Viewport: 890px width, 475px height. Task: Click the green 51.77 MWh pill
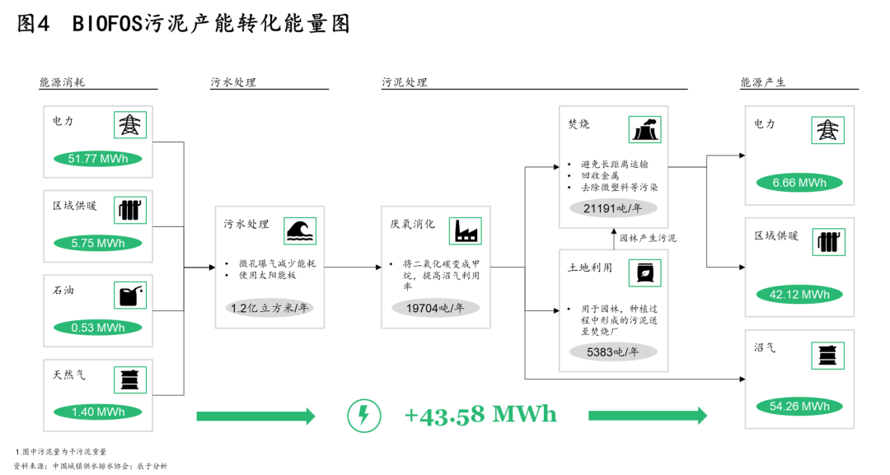tap(98, 159)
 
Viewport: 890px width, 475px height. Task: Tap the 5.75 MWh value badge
tap(98, 243)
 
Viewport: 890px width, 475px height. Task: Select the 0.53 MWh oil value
tap(98, 328)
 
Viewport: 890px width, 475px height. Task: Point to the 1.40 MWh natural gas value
tap(98, 412)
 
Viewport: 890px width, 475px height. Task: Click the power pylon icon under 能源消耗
tap(129, 125)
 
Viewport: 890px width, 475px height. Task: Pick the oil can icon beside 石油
tap(129, 295)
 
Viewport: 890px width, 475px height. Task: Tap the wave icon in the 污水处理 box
tap(299, 231)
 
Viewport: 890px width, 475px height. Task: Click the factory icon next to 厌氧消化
tap(466, 231)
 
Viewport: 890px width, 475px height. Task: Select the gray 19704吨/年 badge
tap(436, 309)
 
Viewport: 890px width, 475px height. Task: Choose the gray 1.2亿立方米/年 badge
tap(269, 309)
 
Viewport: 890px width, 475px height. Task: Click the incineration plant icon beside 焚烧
tap(644, 129)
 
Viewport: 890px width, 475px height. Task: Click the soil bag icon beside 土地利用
tap(644, 272)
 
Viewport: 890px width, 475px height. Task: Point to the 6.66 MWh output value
tap(799, 183)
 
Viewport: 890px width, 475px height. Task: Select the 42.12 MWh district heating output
tap(799, 295)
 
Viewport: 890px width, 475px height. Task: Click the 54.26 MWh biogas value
tap(799, 406)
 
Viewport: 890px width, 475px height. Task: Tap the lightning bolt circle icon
tap(363, 416)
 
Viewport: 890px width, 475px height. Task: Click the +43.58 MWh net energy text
tap(480, 414)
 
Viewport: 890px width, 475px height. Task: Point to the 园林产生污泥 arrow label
tap(648, 238)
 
